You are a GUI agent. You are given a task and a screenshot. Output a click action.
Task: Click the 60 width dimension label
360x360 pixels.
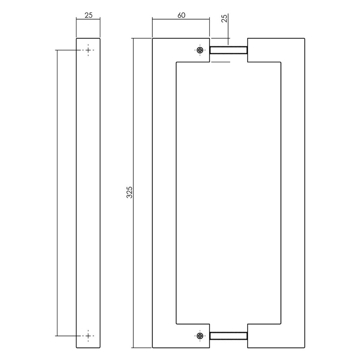point(181,15)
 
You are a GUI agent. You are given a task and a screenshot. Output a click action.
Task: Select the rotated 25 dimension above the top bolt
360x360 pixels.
point(224,19)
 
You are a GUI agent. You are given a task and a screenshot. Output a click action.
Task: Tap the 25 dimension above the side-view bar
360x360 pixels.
point(88,15)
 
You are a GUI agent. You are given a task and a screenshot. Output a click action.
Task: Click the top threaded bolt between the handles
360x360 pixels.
point(228,50)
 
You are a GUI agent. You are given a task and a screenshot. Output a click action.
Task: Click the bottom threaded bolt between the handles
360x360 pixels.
point(228,336)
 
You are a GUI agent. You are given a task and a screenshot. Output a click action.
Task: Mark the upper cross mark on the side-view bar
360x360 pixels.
point(88,50)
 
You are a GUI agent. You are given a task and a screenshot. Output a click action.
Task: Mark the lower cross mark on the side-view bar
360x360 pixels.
point(88,336)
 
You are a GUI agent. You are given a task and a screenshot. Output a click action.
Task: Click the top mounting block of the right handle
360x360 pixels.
point(265,50)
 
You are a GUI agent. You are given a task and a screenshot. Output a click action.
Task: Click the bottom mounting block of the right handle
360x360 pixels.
point(265,336)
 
